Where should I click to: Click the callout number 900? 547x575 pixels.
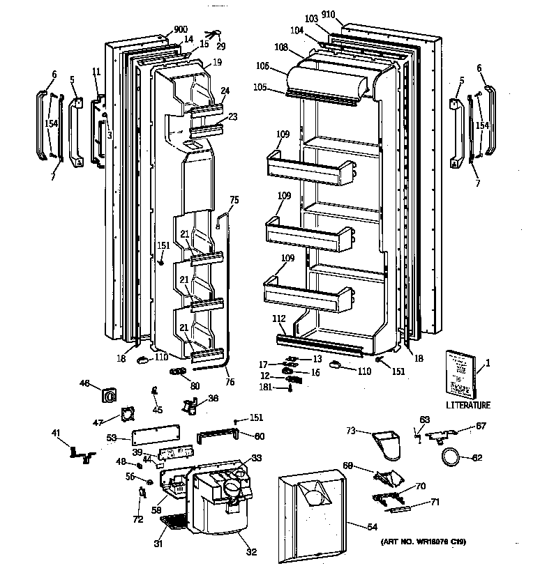[161, 30]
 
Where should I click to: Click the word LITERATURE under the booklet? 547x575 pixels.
[467, 405]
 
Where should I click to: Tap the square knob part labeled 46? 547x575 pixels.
[109, 395]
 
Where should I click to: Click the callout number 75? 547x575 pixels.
[234, 200]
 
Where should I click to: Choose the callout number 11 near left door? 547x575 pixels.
[96, 71]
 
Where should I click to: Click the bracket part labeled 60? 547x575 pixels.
[220, 436]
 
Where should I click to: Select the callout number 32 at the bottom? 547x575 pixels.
[251, 553]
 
